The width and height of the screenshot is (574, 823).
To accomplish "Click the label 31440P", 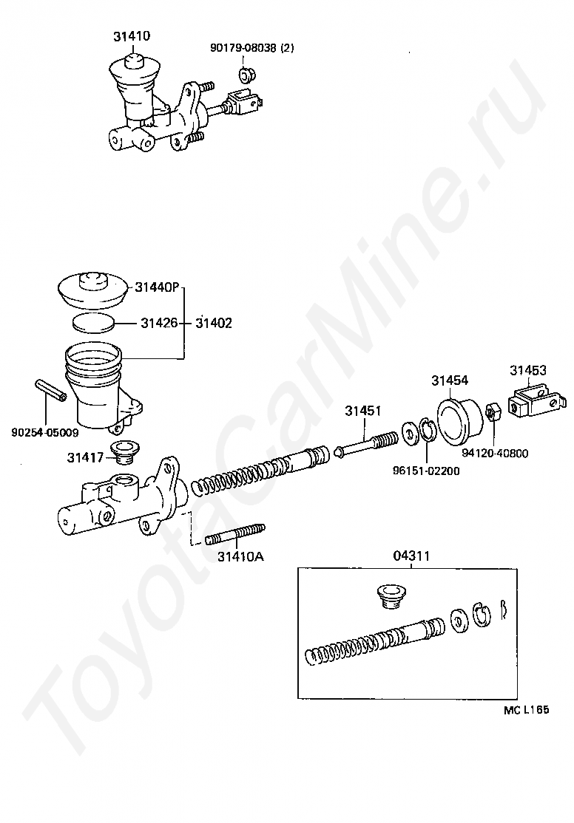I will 157,287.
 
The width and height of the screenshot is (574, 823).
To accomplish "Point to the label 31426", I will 160,322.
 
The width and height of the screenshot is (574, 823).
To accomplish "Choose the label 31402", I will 214,322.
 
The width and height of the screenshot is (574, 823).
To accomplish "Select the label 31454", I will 450,380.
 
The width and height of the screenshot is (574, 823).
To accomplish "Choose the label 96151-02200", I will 426,471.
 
